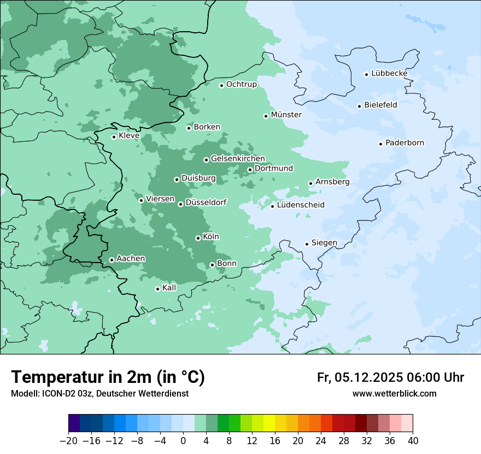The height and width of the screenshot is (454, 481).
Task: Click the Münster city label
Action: click(286, 115)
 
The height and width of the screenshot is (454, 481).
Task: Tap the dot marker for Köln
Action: click(198, 238)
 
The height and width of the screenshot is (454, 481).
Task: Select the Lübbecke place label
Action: click(389, 73)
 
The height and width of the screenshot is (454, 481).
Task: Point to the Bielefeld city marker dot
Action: click(360, 106)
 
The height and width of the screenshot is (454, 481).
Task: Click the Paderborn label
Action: click(404, 143)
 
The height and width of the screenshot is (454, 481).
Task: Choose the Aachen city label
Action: click(131, 258)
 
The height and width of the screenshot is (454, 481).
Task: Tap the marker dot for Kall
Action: click(157, 289)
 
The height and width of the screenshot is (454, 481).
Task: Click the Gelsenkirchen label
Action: click(238, 159)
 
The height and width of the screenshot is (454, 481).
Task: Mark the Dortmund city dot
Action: click(250, 170)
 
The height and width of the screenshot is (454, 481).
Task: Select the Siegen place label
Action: click(324, 242)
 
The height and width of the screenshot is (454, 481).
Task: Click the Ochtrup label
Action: click(241, 84)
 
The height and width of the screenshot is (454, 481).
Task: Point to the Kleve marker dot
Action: click(114, 137)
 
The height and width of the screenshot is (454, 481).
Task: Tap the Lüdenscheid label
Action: click(301, 205)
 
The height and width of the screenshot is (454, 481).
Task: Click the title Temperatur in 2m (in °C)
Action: click(108, 377)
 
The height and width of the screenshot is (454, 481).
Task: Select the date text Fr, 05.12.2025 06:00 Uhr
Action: click(390, 377)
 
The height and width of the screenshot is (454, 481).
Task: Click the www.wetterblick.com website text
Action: click(394, 393)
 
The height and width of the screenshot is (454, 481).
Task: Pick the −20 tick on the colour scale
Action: click(69, 441)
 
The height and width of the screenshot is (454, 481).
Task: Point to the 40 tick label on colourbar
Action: click(413, 441)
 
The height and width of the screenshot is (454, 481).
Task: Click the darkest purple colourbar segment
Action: click(74, 423)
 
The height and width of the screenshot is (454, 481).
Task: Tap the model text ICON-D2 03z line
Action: click(99, 393)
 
